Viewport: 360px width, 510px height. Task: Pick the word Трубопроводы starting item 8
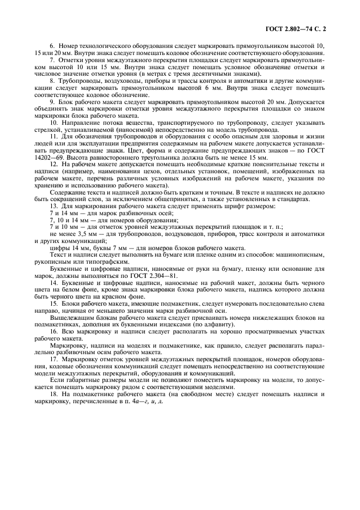(x=81, y=80)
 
